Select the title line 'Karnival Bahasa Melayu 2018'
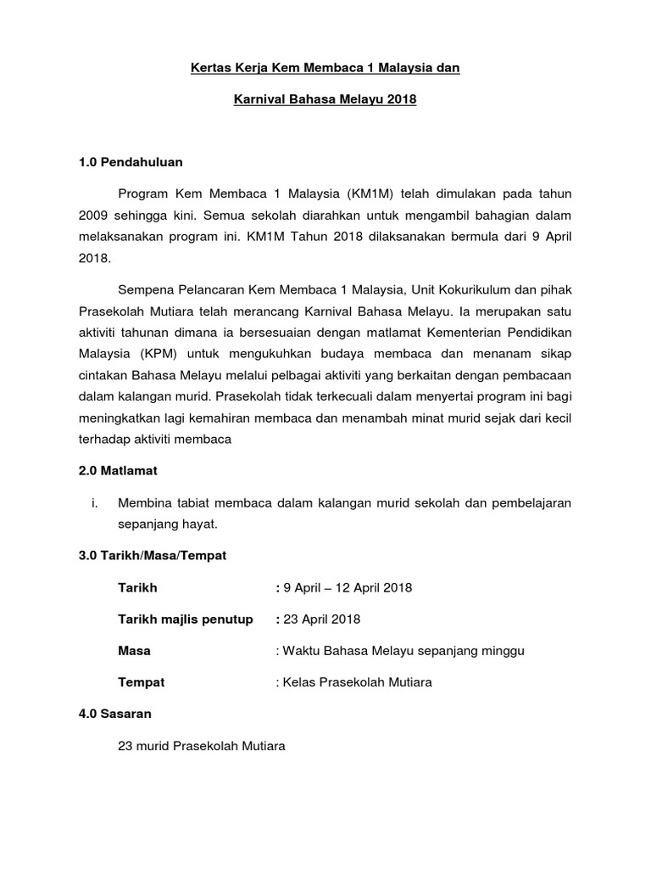click(x=325, y=100)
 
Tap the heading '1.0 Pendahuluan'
click(x=130, y=161)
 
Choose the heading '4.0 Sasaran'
click(x=115, y=714)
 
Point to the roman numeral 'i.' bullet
click(x=95, y=502)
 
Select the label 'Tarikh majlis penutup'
click(x=186, y=619)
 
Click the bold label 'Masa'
click(x=134, y=650)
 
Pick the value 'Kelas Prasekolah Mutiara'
click(x=357, y=682)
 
